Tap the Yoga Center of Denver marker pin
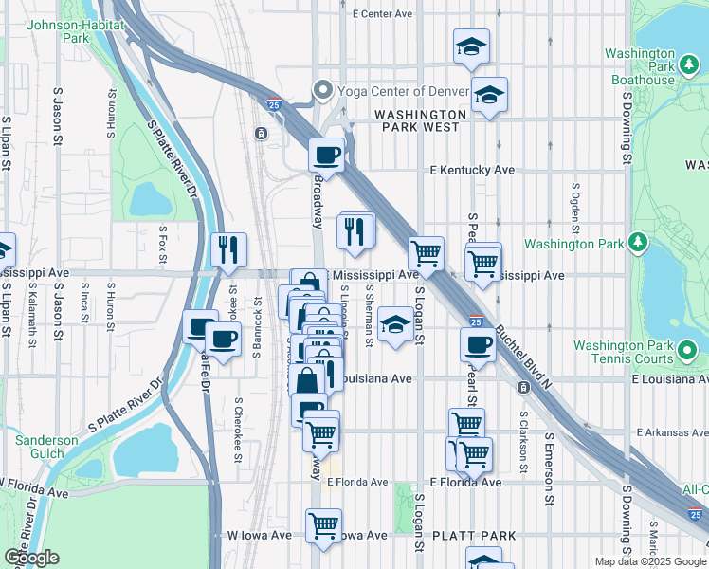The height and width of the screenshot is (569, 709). click(x=323, y=91)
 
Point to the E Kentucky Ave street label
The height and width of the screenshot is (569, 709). click(x=471, y=170)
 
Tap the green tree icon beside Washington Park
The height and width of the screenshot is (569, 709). click(x=638, y=244)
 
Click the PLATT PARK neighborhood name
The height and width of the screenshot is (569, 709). click(x=473, y=536)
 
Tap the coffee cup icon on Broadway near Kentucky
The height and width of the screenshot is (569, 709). click(x=327, y=154)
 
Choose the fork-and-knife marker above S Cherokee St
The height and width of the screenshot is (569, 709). click(x=228, y=249)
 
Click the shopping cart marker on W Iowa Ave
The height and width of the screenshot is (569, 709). click(x=324, y=524)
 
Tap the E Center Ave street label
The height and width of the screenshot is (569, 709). click(x=382, y=14)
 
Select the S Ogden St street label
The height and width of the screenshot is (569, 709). click(x=574, y=208)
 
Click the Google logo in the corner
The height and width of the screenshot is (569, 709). click(x=31, y=558)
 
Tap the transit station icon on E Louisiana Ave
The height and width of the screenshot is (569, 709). click(x=522, y=388)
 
